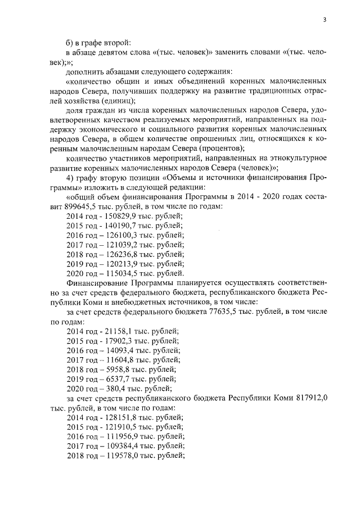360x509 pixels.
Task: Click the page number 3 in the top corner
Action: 325,20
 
